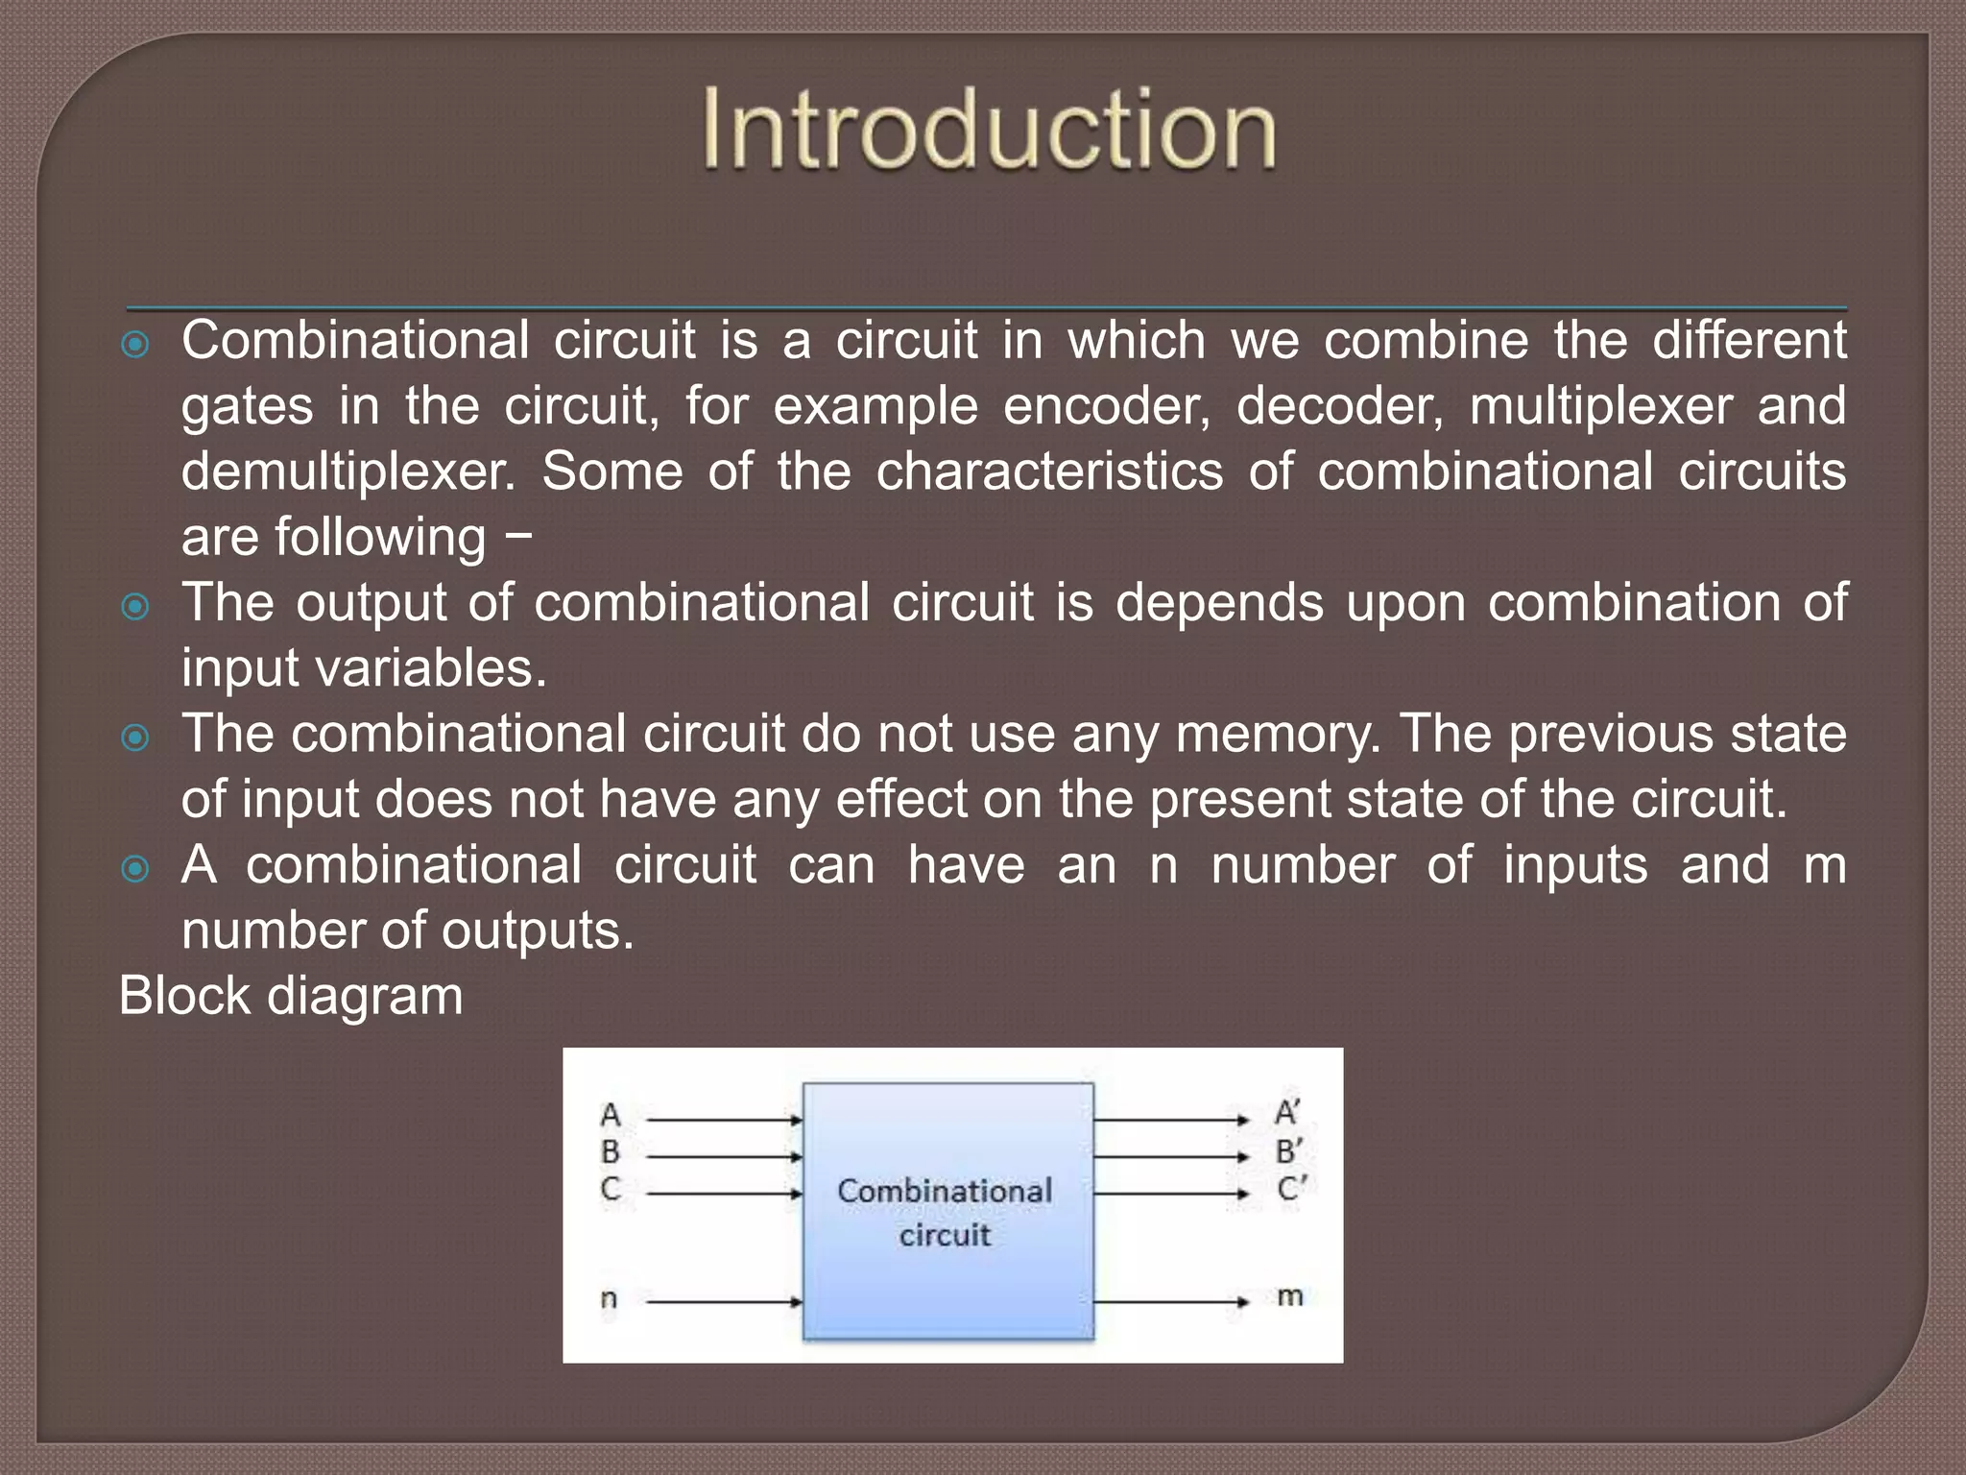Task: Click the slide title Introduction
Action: pyautogui.click(x=989, y=130)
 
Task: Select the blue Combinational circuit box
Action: pyautogui.click(x=947, y=1211)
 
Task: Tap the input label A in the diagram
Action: pyautogui.click(x=611, y=1116)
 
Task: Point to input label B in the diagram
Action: pyautogui.click(x=611, y=1152)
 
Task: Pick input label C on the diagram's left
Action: pyautogui.click(x=611, y=1189)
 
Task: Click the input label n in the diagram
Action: pyautogui.click(x=609, y=1299)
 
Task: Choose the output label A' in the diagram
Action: pyautogui.click(x=1287, y=1113)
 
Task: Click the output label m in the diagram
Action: pyautogui.click(x=1289, y=1296)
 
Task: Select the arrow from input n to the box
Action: pyautogui.click(x=725, y=1302)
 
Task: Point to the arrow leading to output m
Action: pyautogui.click(x=1171, y=1302)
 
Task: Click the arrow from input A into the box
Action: pyautogui.click(x=725, y=1120)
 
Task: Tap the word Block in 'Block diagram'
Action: pyautogui.click(x=184, y=995)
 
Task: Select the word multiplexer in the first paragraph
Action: pyautogui.click(x=1601, y=406)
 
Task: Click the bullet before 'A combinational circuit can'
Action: pyautogui.click(x=136, y=868)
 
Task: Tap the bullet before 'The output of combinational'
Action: pyautogui.click(x=136, y=606)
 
